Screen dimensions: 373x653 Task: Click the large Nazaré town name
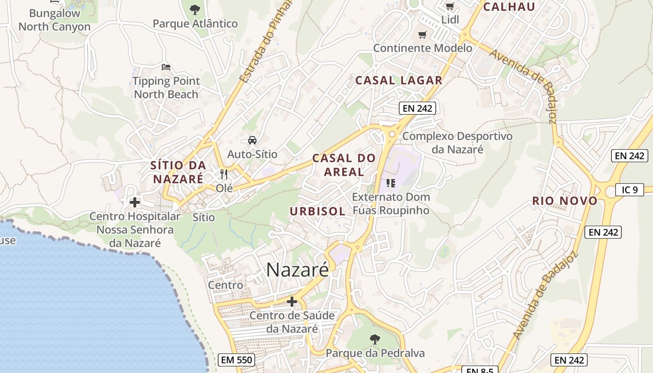point(298,270)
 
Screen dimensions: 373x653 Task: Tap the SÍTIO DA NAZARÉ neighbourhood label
point(178,172)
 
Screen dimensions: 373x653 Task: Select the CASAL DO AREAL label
point(344,165)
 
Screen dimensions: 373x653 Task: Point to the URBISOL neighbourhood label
point(318,211)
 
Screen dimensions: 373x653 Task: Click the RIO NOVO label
point(565,201)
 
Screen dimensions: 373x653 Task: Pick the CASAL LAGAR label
point(399,80)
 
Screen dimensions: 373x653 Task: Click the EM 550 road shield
point(236,360)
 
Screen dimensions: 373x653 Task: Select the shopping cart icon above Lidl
point(450,7)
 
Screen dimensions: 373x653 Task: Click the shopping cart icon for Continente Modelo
point(423,35)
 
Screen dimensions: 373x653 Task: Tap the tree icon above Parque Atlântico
point(195,9)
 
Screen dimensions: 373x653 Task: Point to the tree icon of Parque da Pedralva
point(375,339)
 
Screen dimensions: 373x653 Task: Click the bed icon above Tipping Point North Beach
point(166,67)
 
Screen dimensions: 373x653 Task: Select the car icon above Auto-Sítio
point(252,140)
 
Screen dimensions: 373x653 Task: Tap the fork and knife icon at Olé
point(224,174)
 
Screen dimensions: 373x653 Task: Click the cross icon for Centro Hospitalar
point(135,202)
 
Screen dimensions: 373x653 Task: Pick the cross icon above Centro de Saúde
point(292,302)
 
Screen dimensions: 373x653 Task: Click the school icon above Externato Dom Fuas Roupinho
point(391,183)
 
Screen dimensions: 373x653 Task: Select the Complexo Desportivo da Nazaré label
point(457,143)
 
